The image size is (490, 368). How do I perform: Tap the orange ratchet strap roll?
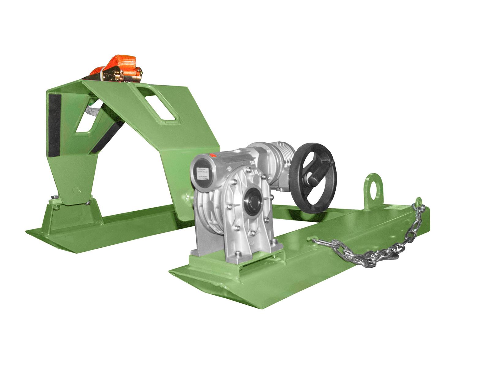118,63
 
